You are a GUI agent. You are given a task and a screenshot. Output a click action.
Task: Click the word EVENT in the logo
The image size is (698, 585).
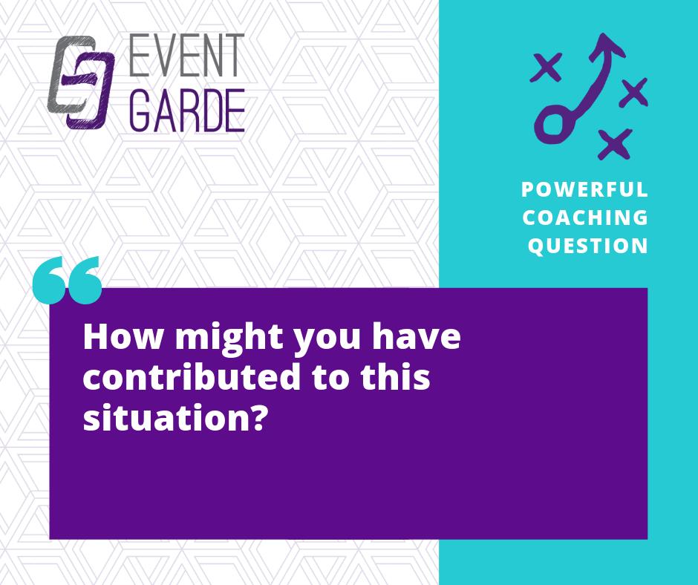point(187,55)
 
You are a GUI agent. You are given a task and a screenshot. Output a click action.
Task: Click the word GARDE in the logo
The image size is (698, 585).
point(187,111)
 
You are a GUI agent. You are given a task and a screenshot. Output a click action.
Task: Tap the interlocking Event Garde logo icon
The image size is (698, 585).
point(81,83)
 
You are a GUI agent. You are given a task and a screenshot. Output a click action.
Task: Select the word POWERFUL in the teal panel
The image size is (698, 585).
point(584,189)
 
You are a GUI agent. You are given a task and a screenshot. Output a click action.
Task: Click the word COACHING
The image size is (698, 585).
point(585,218)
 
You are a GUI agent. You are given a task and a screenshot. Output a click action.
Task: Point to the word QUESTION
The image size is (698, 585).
point(587,246)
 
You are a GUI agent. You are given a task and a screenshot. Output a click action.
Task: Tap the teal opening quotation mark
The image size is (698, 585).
point(68,280)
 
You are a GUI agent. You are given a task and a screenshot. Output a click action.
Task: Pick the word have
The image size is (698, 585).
point(417,336)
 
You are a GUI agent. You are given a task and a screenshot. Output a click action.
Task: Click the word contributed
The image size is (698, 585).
point(192,376)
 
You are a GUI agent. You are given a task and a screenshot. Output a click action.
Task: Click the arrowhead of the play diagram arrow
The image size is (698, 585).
point(607,46)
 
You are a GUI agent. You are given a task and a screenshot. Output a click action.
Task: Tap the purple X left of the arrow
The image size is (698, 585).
point(546,68)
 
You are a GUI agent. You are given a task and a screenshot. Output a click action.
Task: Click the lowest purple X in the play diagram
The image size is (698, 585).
point(615,144)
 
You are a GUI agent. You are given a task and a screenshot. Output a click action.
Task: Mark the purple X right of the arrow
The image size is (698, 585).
point(633,92)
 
